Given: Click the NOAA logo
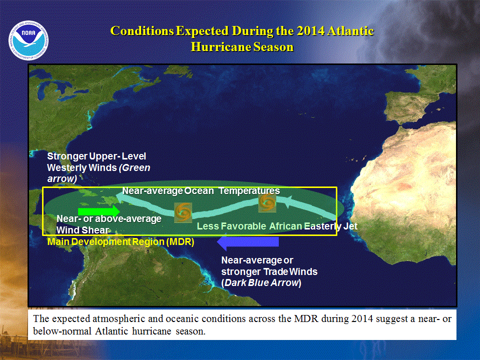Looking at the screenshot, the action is tap(29, 40).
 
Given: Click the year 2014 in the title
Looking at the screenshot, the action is tap(310, 31).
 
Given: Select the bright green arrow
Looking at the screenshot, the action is tap(99, 211).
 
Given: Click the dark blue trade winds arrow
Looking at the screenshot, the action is tap(248, 242).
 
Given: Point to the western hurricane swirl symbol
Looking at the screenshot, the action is tap(183, 212).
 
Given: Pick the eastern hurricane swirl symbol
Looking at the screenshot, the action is tap(267, 202).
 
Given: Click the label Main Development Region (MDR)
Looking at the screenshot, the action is tap(121, 242).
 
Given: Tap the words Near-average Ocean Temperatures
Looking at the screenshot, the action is tap(201, 191).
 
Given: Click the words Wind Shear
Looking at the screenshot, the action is tap(83, 230).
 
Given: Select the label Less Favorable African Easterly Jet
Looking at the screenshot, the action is tap(277, 226).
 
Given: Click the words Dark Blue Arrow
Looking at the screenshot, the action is tap(261, 282).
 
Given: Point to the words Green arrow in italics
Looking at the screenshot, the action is tap(99, 173).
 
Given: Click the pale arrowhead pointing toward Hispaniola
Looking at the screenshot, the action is tap(122, 199).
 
